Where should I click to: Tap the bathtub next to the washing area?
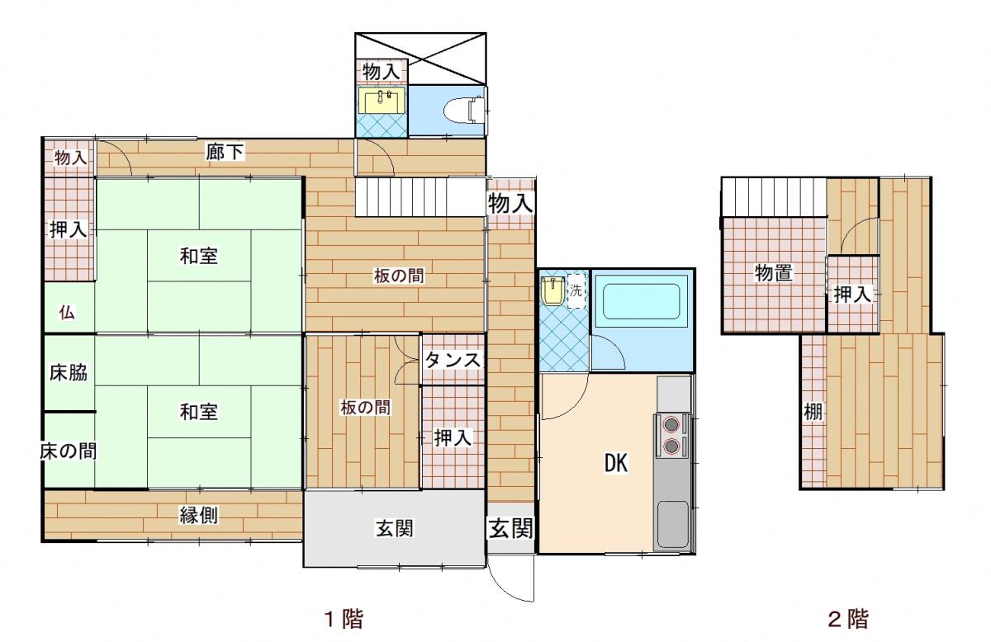click(641, 301)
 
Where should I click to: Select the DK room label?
click(616, 464)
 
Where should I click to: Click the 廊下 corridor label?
click(225, 152)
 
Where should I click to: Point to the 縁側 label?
click(198, 515)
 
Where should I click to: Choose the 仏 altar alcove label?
click(67, 313)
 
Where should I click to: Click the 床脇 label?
click(68, 373)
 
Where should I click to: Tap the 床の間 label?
click(68, 451)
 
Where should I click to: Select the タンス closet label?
click(453, 361)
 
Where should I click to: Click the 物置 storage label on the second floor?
click(773, 273)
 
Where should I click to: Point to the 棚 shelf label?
click(813, 413)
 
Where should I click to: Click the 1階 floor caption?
click(344, 619)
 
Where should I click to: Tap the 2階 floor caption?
click(848, 619)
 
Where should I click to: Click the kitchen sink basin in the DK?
click(672, 524)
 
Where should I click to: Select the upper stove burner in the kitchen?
click(671, 424)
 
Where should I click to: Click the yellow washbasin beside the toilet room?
click(382, 101)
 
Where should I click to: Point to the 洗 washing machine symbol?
click(576, 291)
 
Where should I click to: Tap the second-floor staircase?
click(774, 196)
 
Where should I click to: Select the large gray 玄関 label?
click(395, 528)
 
